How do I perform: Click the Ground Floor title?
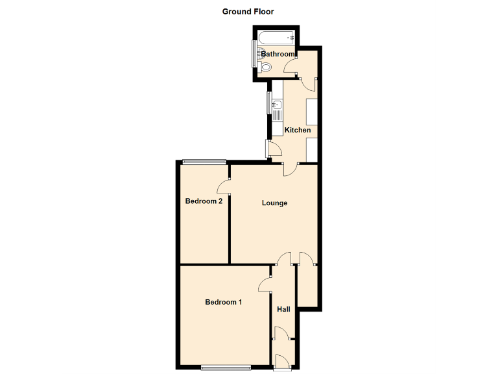[x=248, y=12]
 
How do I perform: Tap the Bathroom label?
[x=278, y=54]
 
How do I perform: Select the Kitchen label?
[x=298, y=130]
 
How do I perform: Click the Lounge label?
[x=274, y=203]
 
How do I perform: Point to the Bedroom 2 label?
[x=204, y=201]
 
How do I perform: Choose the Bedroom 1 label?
[x=223, y=302]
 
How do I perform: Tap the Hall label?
[x=283, y=309]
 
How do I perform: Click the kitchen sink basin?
[x=276, y=104]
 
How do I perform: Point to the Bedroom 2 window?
[x=203, y=161]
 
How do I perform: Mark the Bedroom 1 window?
[x=225, y=368]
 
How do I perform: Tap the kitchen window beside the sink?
[x=268, y=103]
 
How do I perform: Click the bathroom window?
[x=254, y=55]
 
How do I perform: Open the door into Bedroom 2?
[x=224, y=186]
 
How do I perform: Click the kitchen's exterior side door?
[x=273, y=149]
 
